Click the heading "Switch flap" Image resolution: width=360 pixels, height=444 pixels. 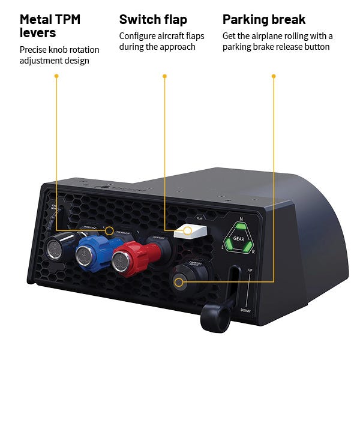pos(153,20)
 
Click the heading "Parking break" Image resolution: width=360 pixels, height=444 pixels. pos(264,20)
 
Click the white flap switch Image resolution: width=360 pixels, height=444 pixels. pos(190,232)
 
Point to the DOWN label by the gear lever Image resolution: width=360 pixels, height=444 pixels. pos(245,310)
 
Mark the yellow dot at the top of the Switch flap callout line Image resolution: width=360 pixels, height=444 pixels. pos(164,76)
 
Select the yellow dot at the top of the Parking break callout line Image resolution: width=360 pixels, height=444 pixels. pos(274,76)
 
